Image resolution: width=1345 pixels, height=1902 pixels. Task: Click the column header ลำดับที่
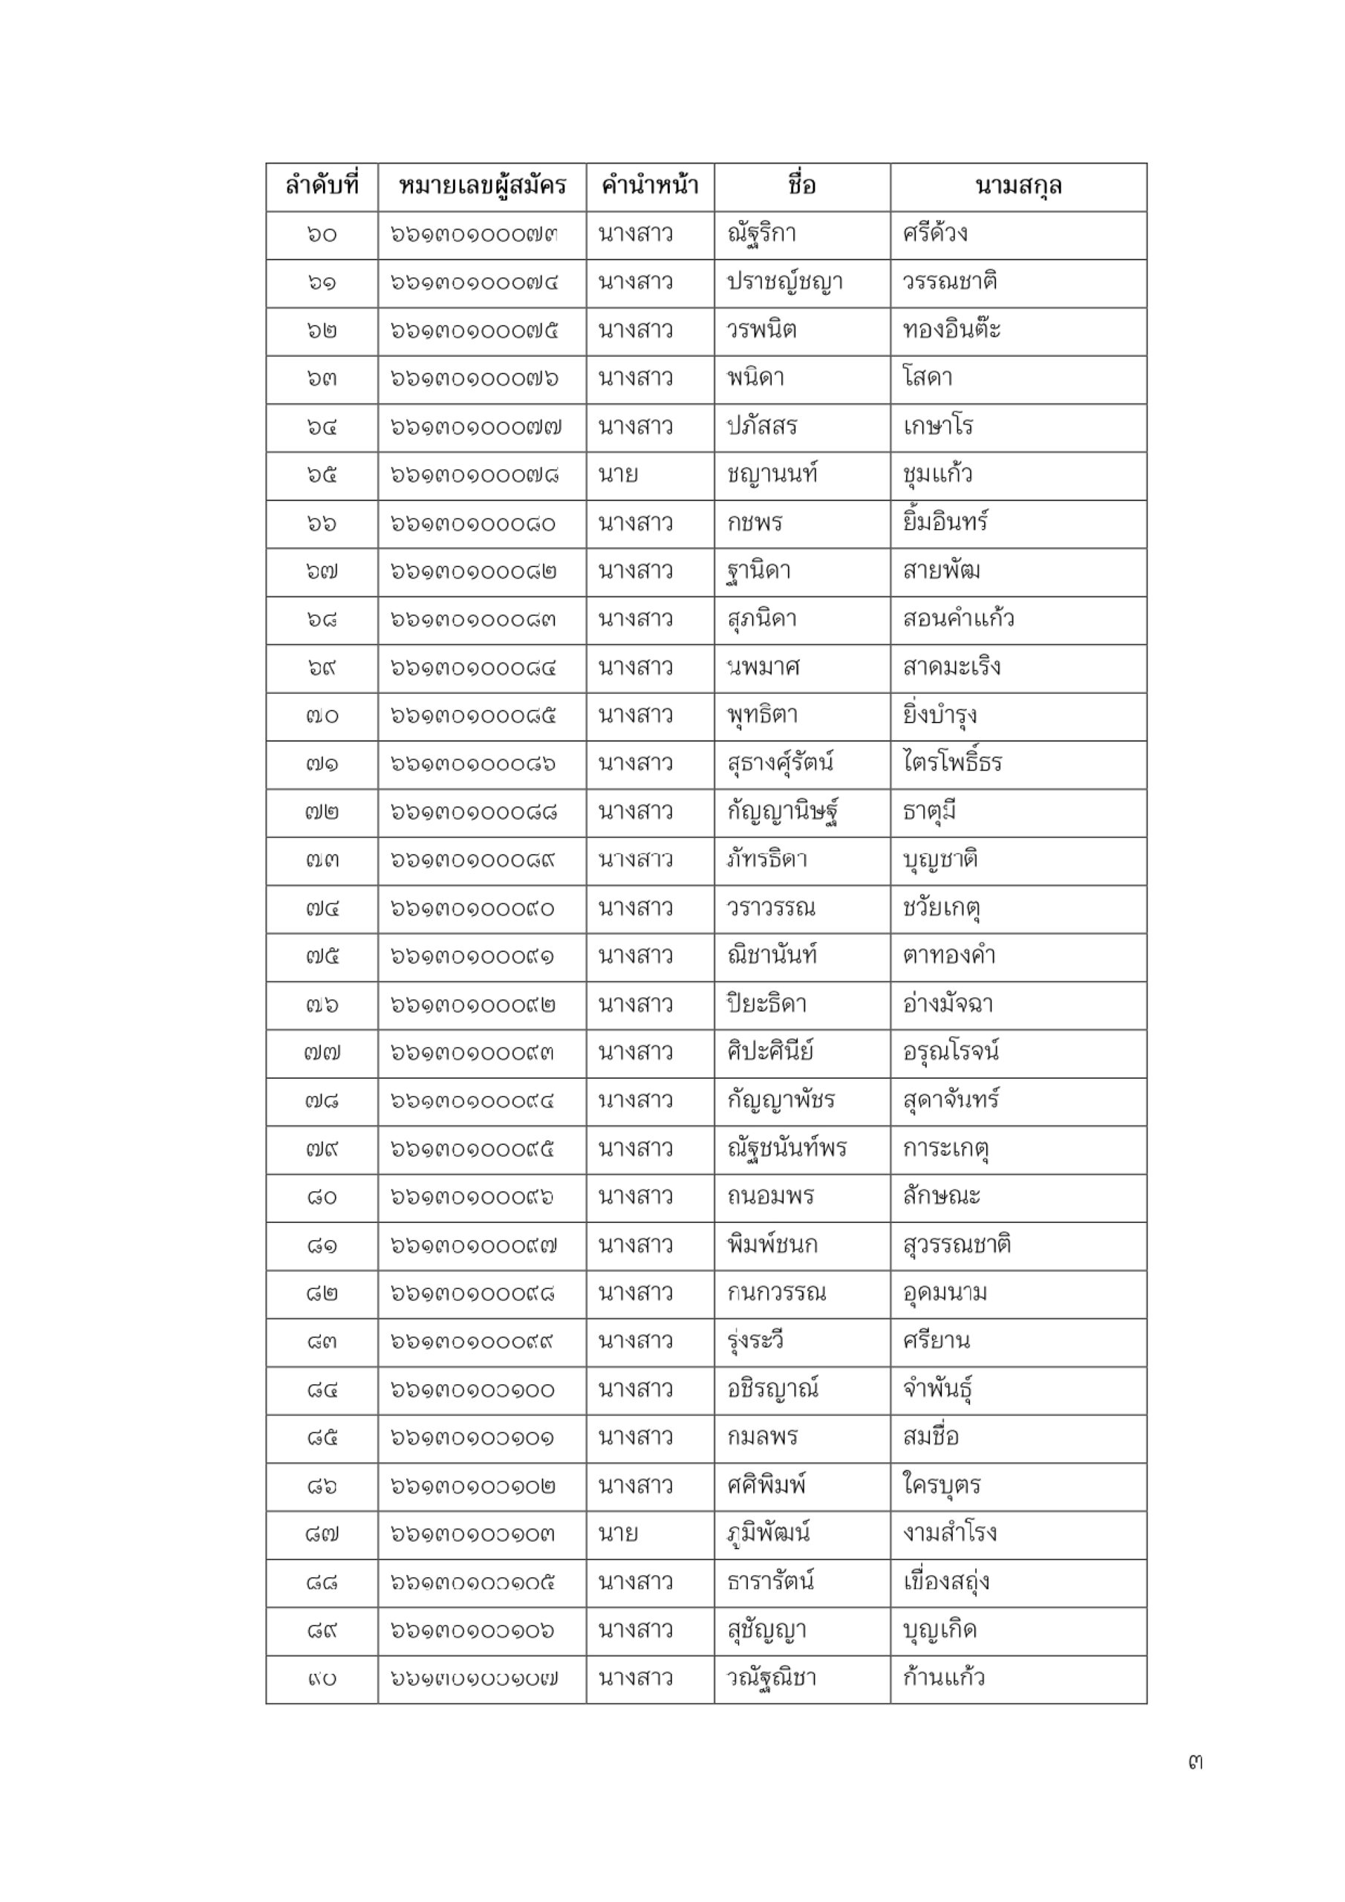click(x=322, y=186)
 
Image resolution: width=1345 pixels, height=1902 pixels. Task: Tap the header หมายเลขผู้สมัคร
click(x=482, y=186)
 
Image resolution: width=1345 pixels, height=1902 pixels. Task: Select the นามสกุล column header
click(x=1018, y=186)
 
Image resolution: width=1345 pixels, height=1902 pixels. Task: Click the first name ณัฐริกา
click(x=761, y=235)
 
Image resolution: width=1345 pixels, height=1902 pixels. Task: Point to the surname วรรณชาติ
click(x=949, y=282)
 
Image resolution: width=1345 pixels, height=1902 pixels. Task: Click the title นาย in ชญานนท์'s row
click(x=618, y=475)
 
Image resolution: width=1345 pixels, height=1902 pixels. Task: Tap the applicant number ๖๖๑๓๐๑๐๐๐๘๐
click(x=473, y=524)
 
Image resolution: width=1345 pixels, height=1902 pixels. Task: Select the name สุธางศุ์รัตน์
click(x=779, y=764)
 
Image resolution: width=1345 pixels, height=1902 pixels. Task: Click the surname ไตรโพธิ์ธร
click(x=952, y=764)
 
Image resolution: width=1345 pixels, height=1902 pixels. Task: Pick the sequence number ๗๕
click(x=322, y=957)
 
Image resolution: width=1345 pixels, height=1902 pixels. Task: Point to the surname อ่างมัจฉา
click(x=948, y=1004)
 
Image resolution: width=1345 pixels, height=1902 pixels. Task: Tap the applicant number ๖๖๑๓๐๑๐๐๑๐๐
click(x=473, y=1390)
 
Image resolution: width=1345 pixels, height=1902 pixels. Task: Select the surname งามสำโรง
click(x=949, y=1534)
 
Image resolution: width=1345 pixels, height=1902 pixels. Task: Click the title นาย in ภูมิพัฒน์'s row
click(x=618, y=1534)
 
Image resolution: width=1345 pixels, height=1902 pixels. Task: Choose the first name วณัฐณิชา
click(x=771, y=1678)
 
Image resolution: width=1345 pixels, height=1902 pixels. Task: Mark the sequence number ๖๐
click(x=322, y=235)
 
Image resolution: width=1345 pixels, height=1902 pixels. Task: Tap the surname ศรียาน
click(x=936, y=1342)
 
